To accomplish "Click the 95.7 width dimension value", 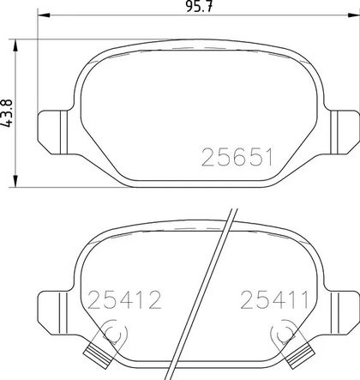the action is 199,6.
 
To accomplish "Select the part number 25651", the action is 237,157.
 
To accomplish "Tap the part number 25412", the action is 124,300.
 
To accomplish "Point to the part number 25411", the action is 274,300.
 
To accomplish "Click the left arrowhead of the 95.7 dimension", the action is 44,15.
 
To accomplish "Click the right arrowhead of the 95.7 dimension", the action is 353,15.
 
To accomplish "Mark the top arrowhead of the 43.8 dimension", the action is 15,45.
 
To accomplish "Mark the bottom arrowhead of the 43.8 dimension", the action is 15,181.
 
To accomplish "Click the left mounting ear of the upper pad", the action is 53,132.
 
